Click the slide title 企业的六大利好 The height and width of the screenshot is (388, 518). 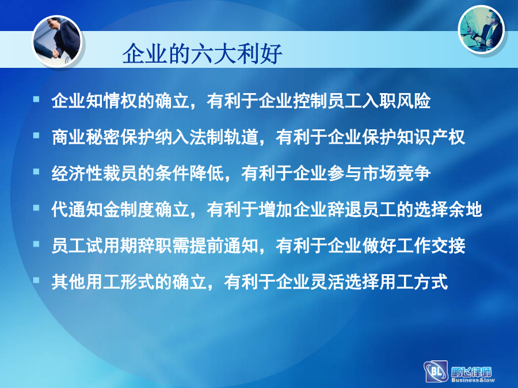[x=202, y=53]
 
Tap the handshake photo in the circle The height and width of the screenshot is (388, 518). [x=57, y=41]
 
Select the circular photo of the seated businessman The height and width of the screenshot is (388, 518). [x=481, y=30]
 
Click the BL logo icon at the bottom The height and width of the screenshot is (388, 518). [x=436, y=372]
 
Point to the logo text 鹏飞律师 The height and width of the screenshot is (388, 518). [x=471, y=371]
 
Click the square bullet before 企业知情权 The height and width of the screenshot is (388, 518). [x=36, y=99]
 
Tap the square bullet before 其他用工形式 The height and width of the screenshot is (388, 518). [x=36, y=281]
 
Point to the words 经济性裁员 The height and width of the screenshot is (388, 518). [x=95, y=173]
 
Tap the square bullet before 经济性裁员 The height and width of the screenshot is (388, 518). [x=36, y=171]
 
